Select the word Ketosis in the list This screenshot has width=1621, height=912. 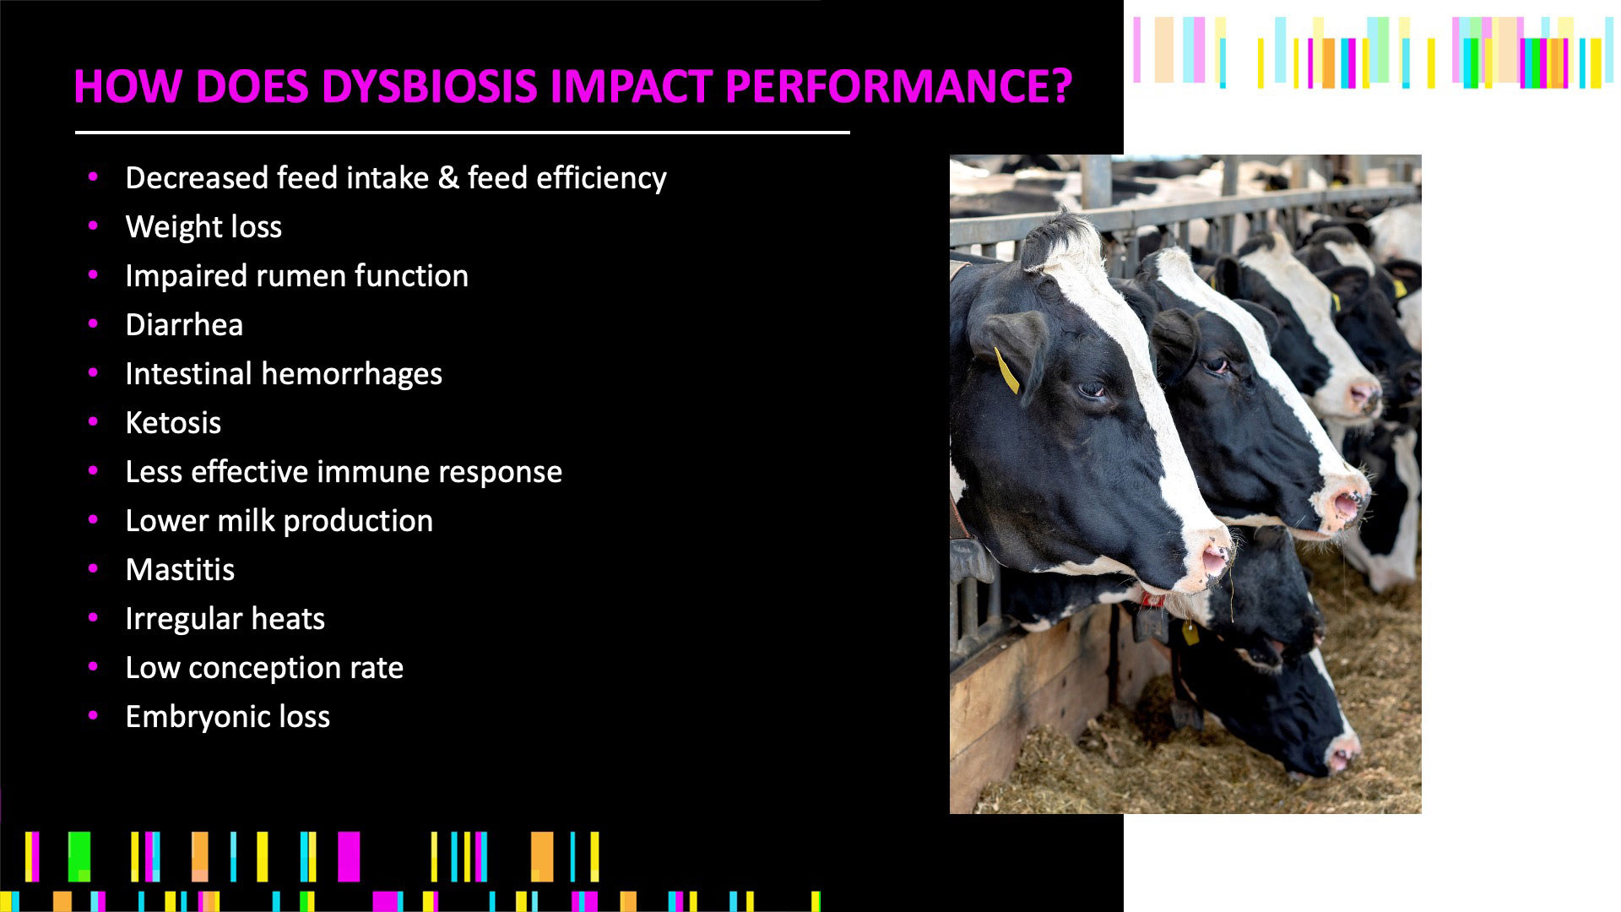(x=173, y=422)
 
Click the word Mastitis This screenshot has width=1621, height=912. (x=180, y=569)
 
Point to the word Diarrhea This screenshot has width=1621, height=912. (x=184, y=324)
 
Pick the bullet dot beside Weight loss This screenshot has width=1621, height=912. (x=93, y=226)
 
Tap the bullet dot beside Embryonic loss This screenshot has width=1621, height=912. (x=93, y=716)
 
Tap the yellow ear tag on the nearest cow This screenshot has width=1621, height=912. (x=1006, y=371)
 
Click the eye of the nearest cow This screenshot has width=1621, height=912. (x=1092, y=389)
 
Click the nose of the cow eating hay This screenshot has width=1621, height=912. (x=1341, y=754)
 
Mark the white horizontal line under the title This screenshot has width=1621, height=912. (x=462, y=133)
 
